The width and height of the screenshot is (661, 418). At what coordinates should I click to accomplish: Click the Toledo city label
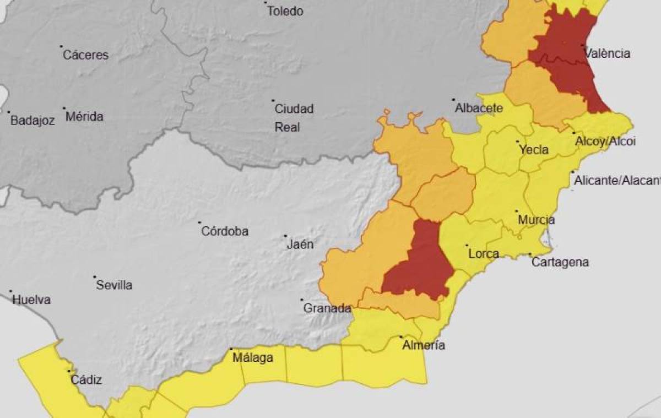[x=285, y=11]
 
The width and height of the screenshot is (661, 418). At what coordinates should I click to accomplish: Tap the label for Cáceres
[x=85, y=55]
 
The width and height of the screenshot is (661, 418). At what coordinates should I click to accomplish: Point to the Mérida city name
[x=84, y=117]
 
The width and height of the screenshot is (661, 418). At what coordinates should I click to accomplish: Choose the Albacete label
[x=478, y=108]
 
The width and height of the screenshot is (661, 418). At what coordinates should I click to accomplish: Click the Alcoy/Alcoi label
[x=605, y=142]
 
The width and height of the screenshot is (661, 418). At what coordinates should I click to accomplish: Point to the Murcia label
[x=536, y=220]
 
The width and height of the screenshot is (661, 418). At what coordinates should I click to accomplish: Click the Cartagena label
[x=560, y=262]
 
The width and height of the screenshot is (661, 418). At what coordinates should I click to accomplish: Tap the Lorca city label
[x=483, y=254]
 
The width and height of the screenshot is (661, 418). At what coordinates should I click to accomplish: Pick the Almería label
[x=423, y=346]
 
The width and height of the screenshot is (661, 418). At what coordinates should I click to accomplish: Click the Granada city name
[x=327, y=308]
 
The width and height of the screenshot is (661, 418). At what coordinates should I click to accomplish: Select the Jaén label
[x=300, y=244]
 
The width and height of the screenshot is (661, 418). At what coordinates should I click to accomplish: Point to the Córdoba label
[x=224, y=231]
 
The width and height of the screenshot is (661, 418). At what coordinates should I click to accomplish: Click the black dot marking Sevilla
[x=95, y=277]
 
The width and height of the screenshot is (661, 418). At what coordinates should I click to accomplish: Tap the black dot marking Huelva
[x=10, y=291]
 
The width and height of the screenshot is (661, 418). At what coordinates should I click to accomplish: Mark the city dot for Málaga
[x=231, y=349]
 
